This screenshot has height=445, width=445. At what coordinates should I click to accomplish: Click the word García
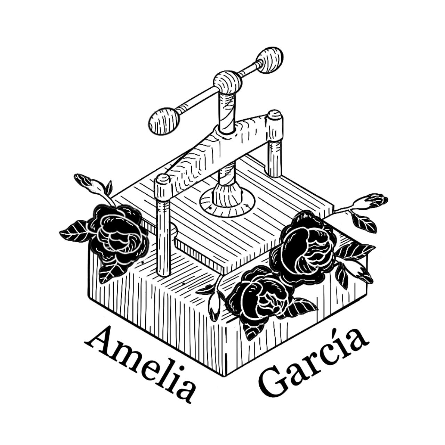click(313, 362)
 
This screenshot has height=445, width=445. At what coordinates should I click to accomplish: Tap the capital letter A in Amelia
click(99, 339)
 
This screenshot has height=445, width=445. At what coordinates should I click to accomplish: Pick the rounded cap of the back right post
click(274, 115)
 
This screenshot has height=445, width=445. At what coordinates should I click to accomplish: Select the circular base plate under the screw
click(227, 203)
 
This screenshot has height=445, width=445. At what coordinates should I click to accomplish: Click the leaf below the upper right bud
click(363, 222)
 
